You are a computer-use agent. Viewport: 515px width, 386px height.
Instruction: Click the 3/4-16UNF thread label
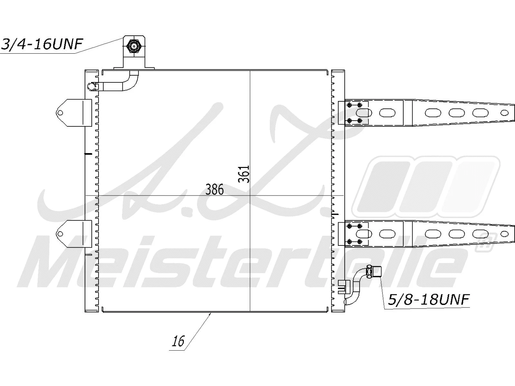coord(42,44)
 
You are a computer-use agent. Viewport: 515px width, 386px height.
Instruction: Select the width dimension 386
coord(214,189)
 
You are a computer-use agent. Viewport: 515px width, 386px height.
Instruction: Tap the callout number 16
coord(178,341)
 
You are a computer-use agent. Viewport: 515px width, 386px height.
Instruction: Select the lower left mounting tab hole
coord(60,234)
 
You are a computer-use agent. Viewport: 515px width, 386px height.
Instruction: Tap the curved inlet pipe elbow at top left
coord(130,82)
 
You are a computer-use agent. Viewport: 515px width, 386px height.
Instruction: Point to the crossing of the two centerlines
coord(250,196)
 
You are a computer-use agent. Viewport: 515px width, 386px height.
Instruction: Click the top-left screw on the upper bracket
coord(349,105)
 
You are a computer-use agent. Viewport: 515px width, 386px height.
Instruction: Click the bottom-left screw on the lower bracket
coord(349,242)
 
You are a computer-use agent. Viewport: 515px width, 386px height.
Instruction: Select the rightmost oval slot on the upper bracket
coord(480,113)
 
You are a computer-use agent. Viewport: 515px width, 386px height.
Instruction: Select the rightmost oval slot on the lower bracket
coord(480,234)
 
